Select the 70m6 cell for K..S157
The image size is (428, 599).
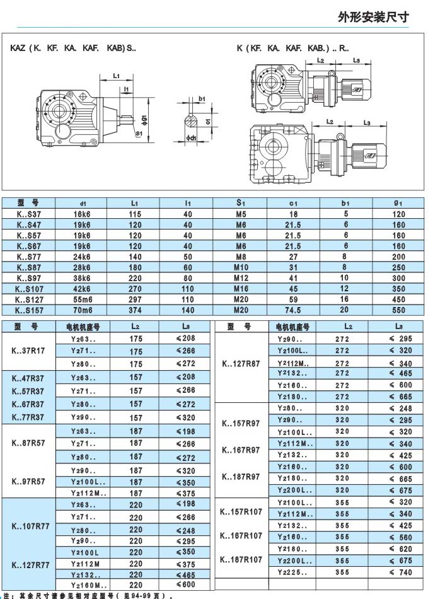pos(82,310)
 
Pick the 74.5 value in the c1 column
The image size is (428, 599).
pos(294,310)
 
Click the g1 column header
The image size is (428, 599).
pos(398,203)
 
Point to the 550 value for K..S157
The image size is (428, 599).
pos(398,310)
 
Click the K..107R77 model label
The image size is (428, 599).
pos(30,526)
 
